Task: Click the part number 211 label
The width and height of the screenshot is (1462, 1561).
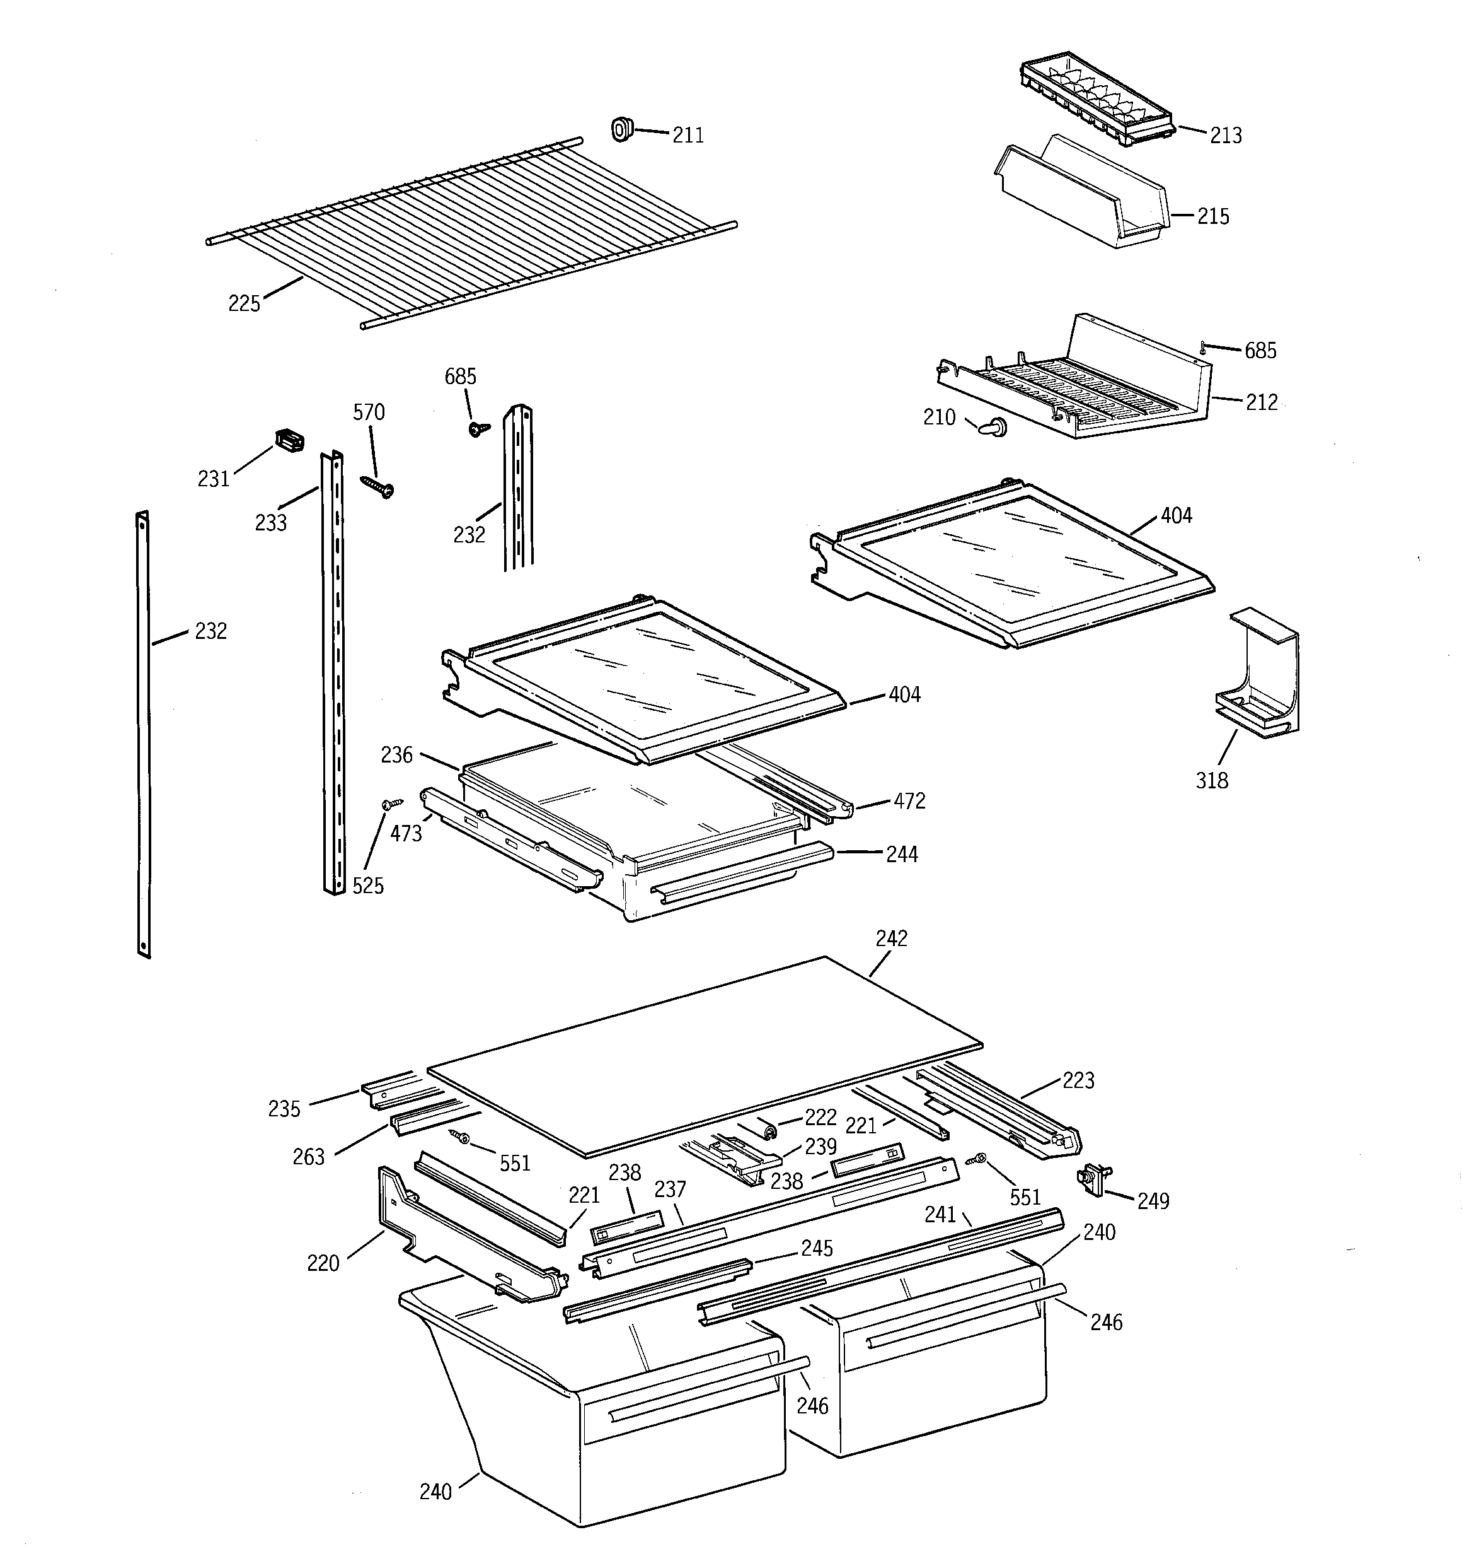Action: tap(688, 136)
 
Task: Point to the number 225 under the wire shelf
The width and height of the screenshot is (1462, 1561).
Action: tap(243, 304)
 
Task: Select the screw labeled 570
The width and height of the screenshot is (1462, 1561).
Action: tap(377, 486)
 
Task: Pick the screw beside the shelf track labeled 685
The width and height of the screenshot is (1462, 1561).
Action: tap(476, 429)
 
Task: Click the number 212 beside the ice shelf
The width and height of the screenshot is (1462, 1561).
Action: tap(1261, 403)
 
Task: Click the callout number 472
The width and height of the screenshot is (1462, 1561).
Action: tap(909, 802)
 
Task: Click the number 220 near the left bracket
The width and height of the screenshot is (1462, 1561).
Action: tap(323, 1263)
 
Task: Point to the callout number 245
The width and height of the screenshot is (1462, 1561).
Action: tap(816, 1249)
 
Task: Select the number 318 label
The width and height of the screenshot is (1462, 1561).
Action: tap(1211, 781)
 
